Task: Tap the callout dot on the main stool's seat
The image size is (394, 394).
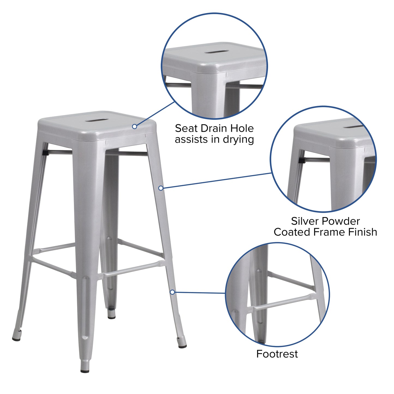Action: coord(134,127)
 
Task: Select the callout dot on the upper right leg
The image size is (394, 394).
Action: coord(161,188)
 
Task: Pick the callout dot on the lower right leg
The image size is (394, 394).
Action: coord(172,292)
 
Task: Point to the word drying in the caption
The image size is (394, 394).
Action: coord(238,140)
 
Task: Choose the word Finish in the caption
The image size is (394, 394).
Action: coord(362,232)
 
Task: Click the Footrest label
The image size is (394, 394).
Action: coord(277,354)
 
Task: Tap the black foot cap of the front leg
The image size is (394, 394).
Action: coord(85,371)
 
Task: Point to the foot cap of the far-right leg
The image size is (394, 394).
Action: coord(182,346)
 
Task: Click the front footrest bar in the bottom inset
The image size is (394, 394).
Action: coord(284,303)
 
